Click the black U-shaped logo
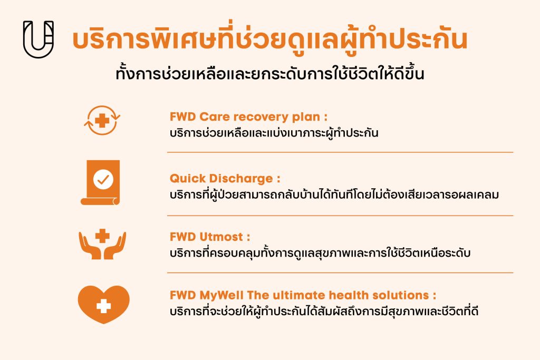(x=38, y=40)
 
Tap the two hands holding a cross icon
(x=102, y=244)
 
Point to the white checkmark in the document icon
(x=103, y=179)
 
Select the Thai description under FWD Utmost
(x=320, y=252)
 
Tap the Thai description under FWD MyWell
(x=324, y=311)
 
